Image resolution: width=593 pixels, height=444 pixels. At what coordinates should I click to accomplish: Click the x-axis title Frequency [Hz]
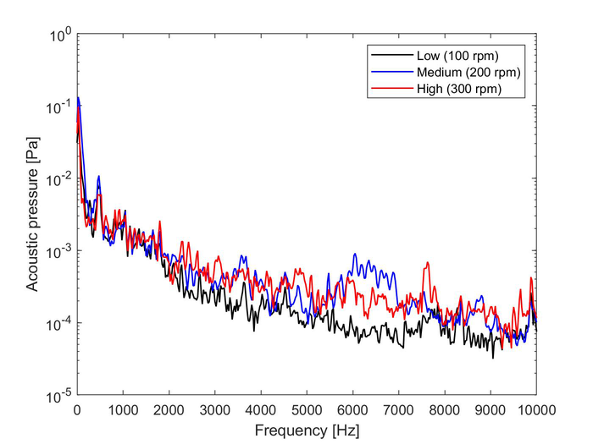tap(307, 430)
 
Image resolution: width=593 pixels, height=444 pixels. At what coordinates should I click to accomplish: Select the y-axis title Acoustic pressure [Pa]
tap(31, 216)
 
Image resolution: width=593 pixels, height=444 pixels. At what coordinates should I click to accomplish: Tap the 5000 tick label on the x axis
tap(307, 409)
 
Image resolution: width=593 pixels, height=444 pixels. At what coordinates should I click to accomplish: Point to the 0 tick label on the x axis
tap(77, 409)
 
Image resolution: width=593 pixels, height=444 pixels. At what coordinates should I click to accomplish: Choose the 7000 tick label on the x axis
tap(398, 409)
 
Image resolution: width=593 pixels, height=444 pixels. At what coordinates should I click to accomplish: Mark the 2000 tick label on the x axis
tap(169, 409)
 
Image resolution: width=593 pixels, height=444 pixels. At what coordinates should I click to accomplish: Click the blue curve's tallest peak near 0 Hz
tap(79, 97)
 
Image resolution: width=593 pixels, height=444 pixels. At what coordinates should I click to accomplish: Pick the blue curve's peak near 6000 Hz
tap(355, 254)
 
